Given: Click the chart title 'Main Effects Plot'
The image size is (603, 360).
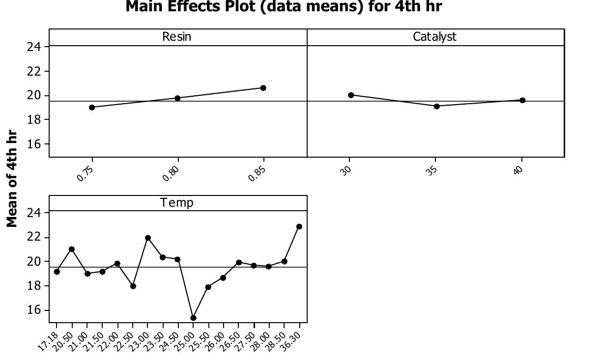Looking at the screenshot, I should point(284,7).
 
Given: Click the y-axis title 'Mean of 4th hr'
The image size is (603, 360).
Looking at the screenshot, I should point(12,178).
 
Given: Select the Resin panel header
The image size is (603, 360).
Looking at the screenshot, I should point(177,37).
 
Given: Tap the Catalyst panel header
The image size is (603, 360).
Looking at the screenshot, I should point(434,37).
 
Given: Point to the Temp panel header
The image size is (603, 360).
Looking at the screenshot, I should point(177,203).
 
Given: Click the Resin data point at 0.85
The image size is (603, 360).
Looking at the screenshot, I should point(263,88).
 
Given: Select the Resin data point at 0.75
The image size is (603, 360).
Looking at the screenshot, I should point(92,108).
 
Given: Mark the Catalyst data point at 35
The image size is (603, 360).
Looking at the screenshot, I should point(437,106).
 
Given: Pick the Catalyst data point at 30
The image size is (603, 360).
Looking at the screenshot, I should point(351,95).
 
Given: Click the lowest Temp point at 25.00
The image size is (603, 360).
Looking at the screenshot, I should point(193,318).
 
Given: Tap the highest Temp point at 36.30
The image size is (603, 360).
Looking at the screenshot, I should point(299,227).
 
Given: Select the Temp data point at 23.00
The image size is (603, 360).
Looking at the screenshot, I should point(148,238).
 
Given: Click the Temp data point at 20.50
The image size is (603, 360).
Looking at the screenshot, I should point(72,249).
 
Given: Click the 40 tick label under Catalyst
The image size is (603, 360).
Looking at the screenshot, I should point(518,170).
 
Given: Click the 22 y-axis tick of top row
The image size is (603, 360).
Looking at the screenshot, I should point(37,71).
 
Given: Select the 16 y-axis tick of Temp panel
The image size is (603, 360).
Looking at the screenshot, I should point(37,310).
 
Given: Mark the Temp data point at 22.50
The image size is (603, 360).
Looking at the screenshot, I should point(133,286).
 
